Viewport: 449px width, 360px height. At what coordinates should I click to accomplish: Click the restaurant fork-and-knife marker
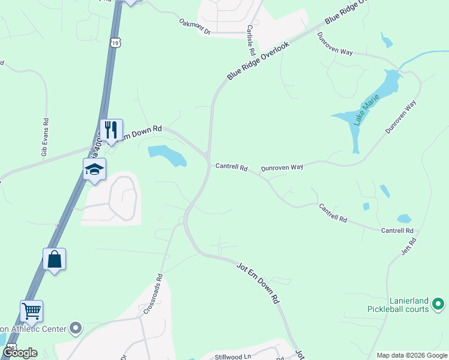point(111,130)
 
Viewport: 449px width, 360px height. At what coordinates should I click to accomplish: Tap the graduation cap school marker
point(95,170)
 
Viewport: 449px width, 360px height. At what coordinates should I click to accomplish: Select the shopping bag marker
point(54,260)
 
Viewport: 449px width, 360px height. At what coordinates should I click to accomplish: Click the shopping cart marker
point(31,311)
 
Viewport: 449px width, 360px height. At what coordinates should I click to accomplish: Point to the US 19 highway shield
point(116,42)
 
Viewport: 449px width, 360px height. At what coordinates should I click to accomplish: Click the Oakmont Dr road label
point(195,26)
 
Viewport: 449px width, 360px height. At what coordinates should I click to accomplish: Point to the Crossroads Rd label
point(154,295)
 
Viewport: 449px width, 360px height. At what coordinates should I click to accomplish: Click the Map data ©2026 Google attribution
point(412,355)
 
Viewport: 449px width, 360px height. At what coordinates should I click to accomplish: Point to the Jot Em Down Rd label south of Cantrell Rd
point(259,281)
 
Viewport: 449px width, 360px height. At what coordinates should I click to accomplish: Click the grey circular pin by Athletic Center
point(76,328)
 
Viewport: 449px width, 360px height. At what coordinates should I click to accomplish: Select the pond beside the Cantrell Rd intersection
point(167,156)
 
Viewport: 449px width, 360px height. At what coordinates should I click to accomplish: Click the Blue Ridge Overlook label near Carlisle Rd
point(258,61)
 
